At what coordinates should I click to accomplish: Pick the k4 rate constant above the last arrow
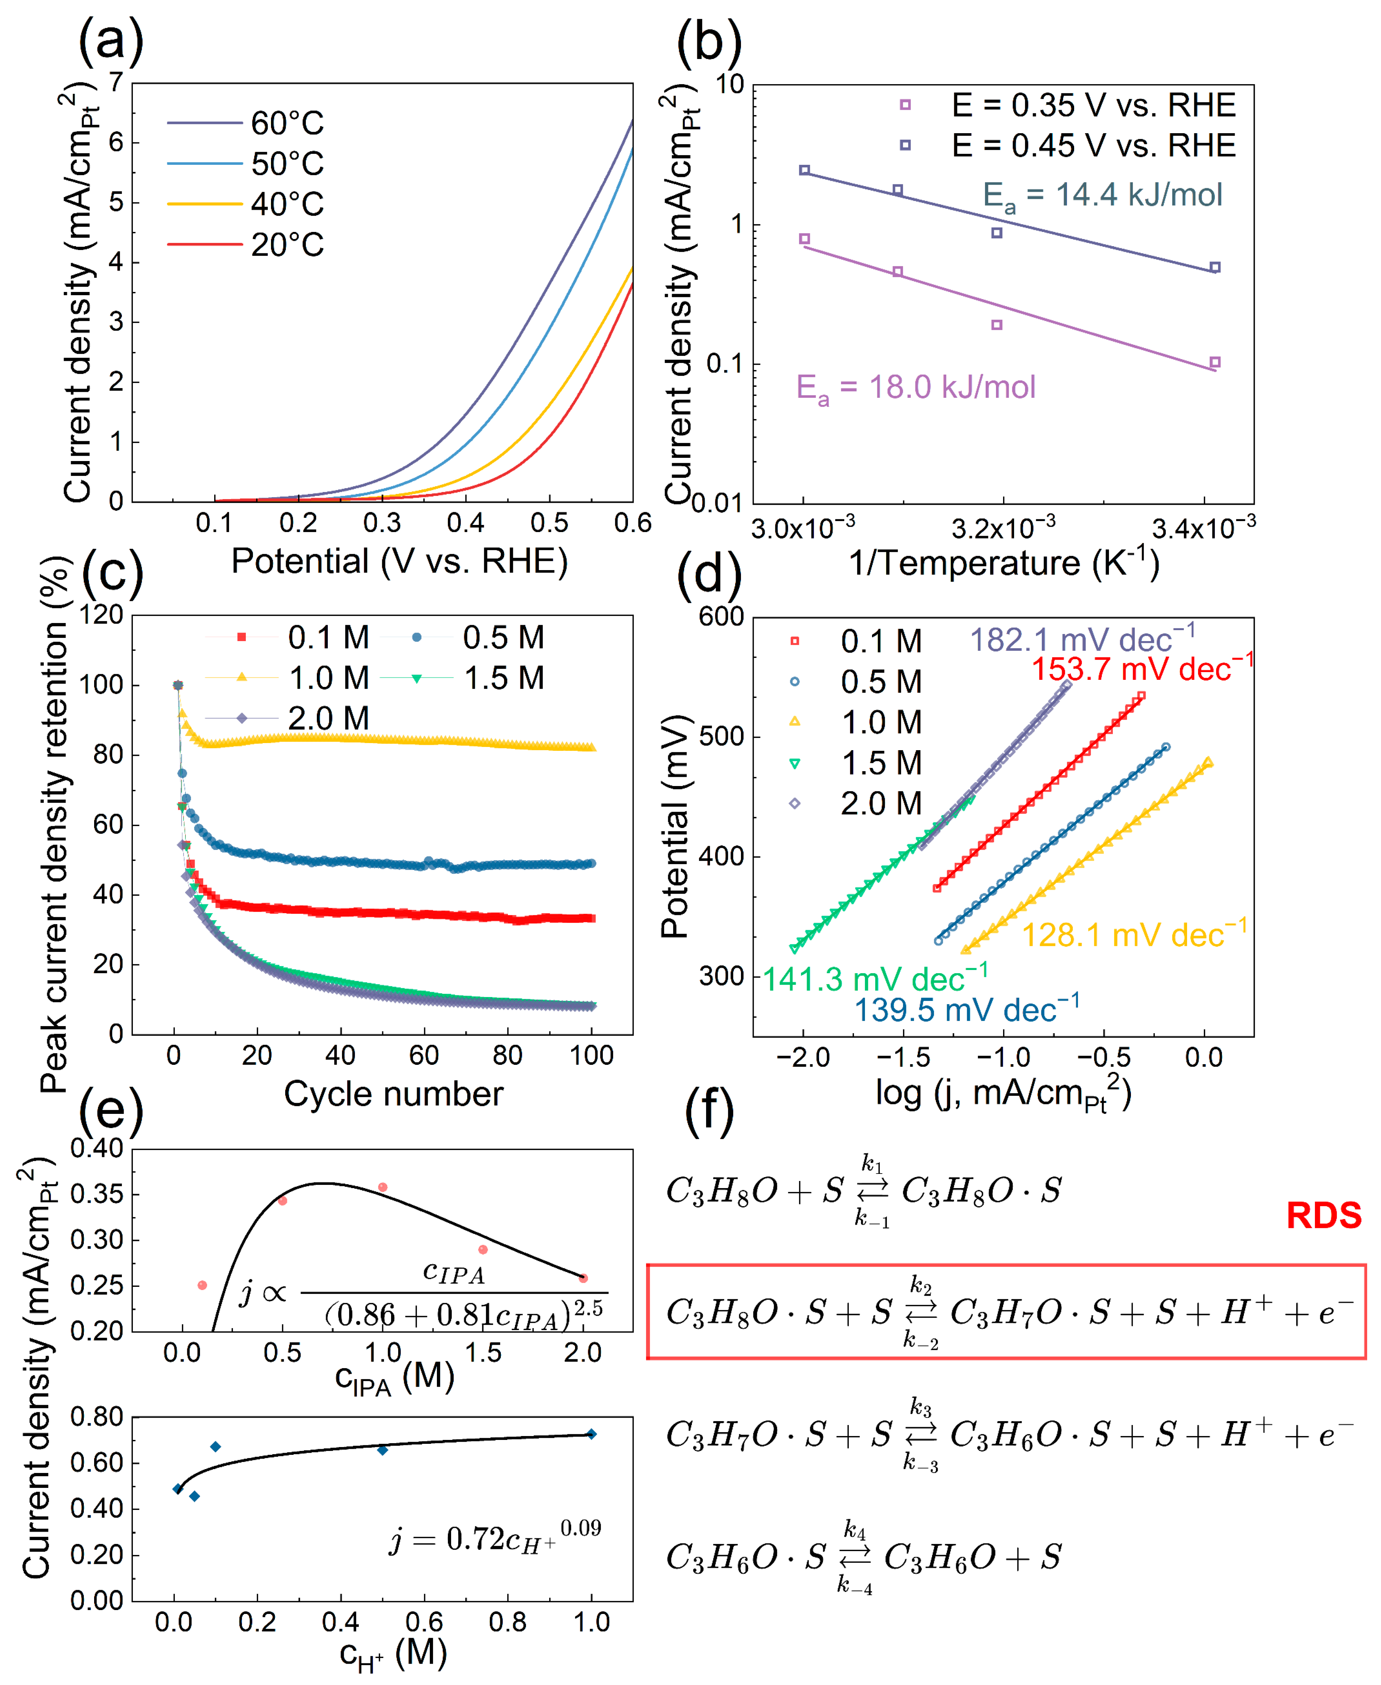(854, 1529)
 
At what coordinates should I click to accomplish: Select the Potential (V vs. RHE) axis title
(399, 562)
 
